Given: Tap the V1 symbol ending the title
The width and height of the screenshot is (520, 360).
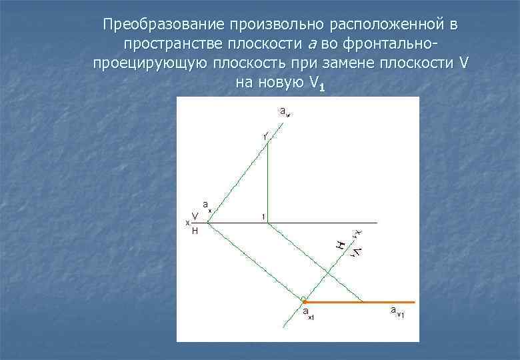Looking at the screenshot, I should [317, 85].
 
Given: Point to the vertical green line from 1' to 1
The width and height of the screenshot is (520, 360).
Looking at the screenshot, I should [267, 180].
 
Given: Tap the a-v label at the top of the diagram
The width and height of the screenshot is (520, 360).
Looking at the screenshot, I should [285, 111].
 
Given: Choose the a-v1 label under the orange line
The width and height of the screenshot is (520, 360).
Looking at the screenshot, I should [397, 311].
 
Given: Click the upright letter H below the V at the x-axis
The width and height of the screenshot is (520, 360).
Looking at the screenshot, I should [195, 231].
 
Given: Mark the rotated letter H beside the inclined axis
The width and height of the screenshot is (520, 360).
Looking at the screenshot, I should [341, 244].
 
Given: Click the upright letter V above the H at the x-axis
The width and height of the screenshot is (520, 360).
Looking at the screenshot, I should [195, 216].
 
